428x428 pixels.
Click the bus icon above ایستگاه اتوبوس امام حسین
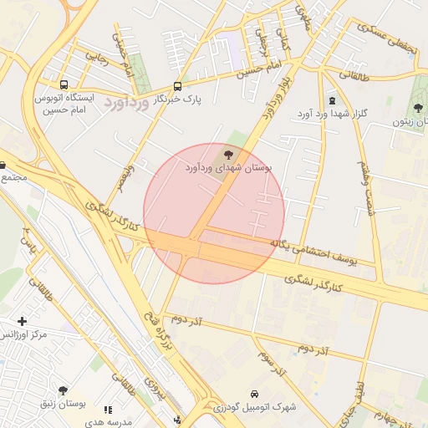point(64,84)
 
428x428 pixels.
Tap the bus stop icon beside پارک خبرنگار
point(177,86)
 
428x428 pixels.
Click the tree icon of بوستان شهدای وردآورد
point(229,155)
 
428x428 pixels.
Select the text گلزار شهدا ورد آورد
point(332,113)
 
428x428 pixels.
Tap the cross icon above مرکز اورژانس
point(22,321)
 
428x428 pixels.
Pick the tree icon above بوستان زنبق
point(63,390)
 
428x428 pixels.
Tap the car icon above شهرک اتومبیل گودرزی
point(253,394)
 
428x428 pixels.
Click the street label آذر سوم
point(273,359)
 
